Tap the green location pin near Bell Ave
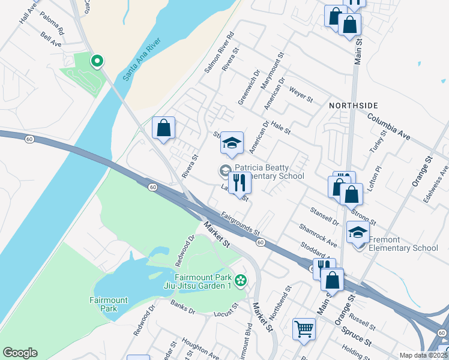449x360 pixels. click(x=97, y=61)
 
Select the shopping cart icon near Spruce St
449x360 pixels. click(x=304, y=329)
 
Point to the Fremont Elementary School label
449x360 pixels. click(x=403, y=244)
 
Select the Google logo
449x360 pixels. click(x=20, y=353)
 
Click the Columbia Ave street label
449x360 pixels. click(x=389, y=127)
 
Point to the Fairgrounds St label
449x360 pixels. click(x=240, y=223)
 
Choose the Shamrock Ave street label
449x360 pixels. click(x=318, y=235)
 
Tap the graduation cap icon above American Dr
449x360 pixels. click(x=232, y=143)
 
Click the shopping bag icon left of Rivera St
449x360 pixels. click(x=163, y=128)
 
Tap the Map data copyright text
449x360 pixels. click(x=424, y=355)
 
